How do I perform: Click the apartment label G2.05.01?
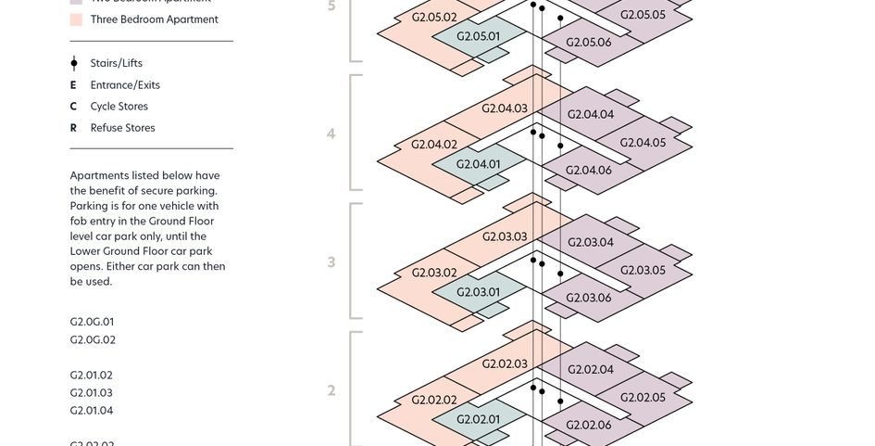tap(479, 37)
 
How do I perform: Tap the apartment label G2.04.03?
tap(505, 108)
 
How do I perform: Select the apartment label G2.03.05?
tap(643, 271)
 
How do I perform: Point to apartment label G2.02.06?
tap(589, 426)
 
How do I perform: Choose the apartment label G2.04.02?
tap(434, 145)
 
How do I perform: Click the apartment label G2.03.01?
tap(479, 292)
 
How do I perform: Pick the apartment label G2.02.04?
tap(591, 370)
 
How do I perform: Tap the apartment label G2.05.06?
tap(589, 43)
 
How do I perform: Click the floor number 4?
tap(331, 134)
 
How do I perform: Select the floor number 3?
tap(331, 262)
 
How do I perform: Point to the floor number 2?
tap(331, 390)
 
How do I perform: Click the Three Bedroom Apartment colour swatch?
tap(76, 19)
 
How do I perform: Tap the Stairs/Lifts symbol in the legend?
tap(74, 63)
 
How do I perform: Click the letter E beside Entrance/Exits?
tap(73, 85)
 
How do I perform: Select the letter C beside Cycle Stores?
tap(73, 107)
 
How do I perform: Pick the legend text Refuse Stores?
tap(122, 128)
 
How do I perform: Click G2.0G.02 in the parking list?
tap(93, 340)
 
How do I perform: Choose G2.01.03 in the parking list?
tap(92, 393)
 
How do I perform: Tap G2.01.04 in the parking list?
tap(92, 411)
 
